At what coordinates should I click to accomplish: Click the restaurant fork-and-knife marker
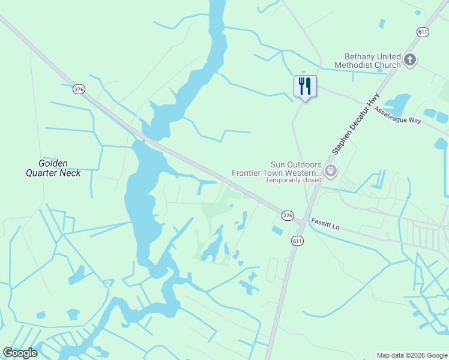[305, 86]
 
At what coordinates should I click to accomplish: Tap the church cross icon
[411, 59]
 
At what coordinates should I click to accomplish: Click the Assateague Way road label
[398, 114]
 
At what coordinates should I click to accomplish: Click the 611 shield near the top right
[423, 31]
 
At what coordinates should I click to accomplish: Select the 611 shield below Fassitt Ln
[297, 241]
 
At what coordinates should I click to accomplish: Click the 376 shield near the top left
[79, 89]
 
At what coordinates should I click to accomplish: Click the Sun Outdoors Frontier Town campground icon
[330, 172]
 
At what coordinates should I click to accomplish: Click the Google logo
[20, 353]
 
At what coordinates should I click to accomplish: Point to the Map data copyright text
[412, 355]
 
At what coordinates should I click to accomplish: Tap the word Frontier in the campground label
[249, 173]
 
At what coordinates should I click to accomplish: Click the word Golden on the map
[53, 163]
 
